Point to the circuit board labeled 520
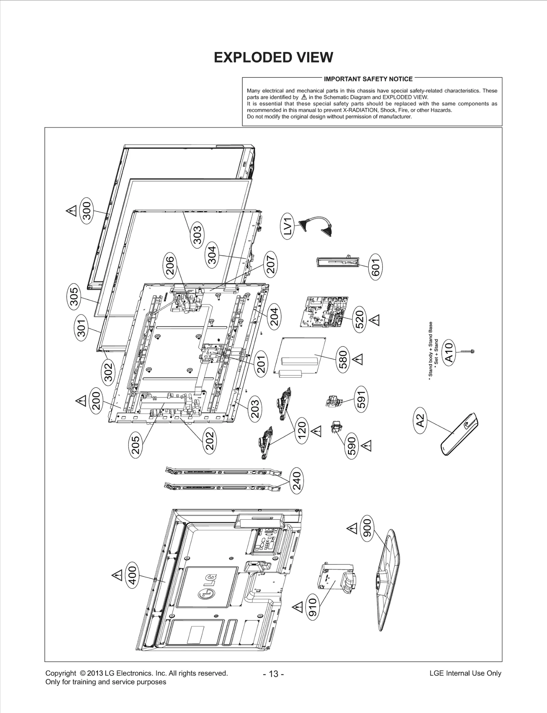coord(325,311)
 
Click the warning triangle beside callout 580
coord(358,359)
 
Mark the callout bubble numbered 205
coord(136,445)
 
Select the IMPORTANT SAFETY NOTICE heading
coord(368,79)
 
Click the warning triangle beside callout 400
coord(117,575)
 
